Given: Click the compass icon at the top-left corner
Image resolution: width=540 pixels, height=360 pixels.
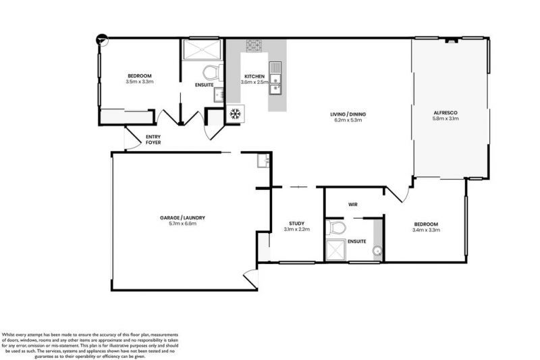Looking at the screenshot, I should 101,39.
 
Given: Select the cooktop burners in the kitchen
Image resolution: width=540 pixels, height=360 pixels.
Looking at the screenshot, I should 254,46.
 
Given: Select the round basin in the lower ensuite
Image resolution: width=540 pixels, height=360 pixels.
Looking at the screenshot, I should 377,253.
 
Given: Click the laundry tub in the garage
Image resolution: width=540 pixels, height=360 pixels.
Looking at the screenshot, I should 263,161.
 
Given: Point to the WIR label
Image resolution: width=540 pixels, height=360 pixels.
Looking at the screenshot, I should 352,203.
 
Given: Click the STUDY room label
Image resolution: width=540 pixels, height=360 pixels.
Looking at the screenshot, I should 296,223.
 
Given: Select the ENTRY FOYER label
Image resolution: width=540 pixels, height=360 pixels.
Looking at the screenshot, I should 153,139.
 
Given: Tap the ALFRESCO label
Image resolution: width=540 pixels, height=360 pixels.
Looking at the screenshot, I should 446,111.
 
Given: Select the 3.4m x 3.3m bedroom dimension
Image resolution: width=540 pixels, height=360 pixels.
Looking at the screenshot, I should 426,230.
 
